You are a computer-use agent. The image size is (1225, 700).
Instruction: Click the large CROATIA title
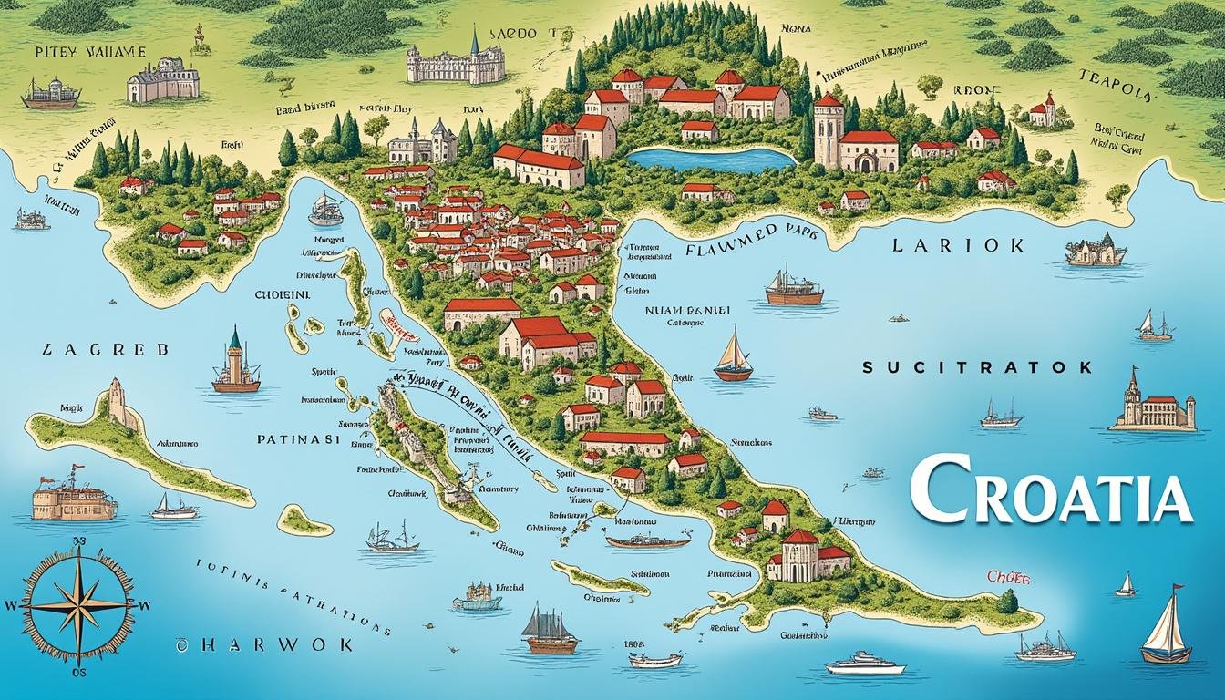1050,493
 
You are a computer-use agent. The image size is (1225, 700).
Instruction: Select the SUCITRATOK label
977,367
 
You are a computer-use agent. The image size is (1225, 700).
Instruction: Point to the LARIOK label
957,245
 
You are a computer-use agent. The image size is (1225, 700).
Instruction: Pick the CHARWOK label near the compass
263,644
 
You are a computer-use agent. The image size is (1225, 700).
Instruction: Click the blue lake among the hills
712,159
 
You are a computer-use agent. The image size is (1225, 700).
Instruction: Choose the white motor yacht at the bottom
864,663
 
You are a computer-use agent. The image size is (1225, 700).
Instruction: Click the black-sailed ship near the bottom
550,630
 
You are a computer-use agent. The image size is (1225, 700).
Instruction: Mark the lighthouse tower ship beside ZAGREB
235,363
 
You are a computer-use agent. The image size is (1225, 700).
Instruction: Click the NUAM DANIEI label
688,309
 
